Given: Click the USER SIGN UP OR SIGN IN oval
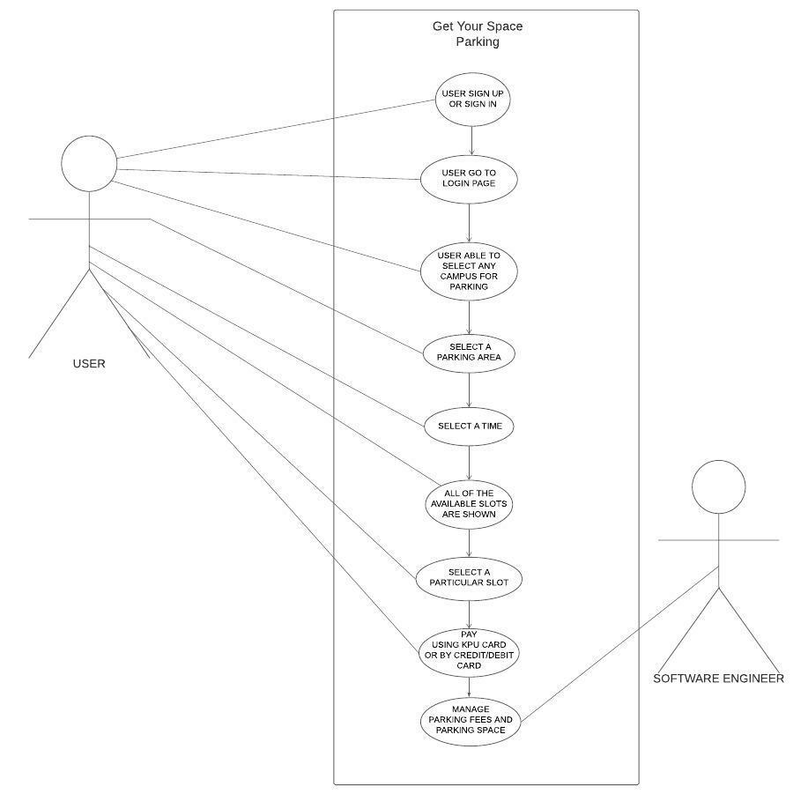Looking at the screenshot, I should pos(472,100).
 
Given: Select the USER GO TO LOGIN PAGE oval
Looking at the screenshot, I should pos(468,179).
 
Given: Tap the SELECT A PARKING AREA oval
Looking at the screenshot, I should pos(468,352).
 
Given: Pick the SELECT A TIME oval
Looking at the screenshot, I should pos(469,426).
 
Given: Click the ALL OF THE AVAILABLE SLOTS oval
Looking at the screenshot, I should pos(469,504).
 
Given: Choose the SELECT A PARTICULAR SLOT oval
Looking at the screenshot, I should pos(468,578).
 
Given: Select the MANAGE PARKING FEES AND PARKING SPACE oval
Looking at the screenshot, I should pos(470,720).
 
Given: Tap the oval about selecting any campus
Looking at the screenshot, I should pos(469,271).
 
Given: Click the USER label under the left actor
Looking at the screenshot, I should pos(89,363).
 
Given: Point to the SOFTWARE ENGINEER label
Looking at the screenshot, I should pos(718,679).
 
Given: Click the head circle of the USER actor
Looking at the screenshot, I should pos(89,164).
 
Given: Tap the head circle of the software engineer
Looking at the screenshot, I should pos(718,487).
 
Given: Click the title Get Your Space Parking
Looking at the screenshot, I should pos(477,33).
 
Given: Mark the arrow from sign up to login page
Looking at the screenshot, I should pos(472,141).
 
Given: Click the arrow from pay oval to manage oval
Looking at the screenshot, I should pos(469,687).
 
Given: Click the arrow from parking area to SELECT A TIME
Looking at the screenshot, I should pos(469,390).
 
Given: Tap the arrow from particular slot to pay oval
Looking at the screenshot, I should pos(469,615).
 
